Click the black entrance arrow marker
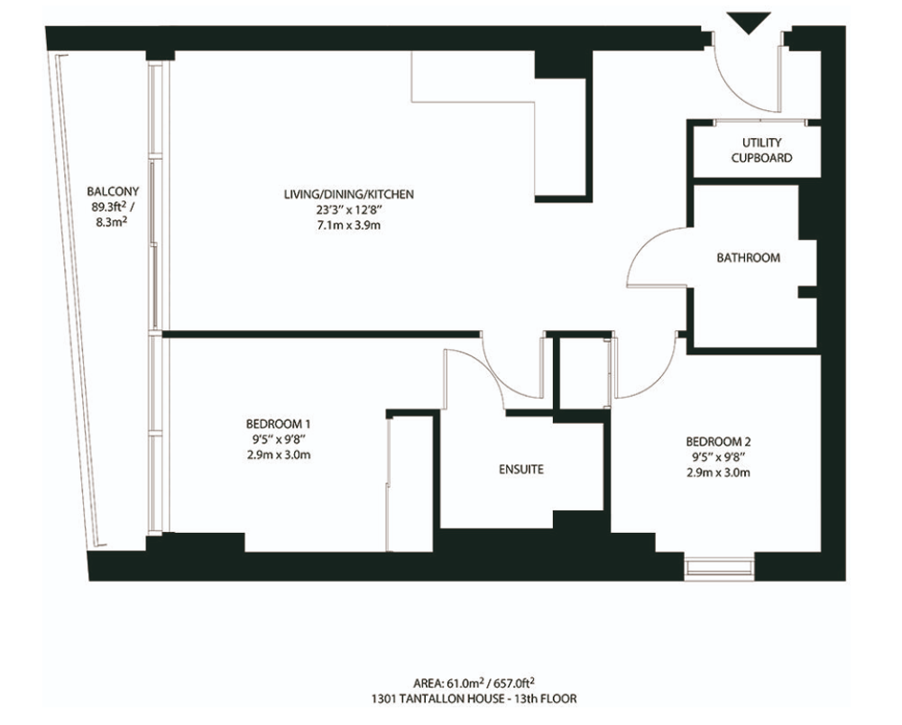click(x=748, y=23)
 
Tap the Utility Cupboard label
click(x=761, y=150)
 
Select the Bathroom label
click(x=748, y=258)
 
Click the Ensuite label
click(x=521, y=469)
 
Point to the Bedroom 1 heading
click(x=279, y=425)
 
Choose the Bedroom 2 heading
click(x=719, y=442)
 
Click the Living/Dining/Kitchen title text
click(x=348, y=195)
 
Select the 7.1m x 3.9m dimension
click(x=348, y=225)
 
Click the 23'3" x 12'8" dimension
click(x=348, y=210)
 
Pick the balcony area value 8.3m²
click(x=112, y=221)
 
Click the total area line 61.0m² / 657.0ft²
click(x=474, y=683)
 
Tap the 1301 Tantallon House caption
click(x=474, y=699)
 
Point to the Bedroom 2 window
click(x=719, y=567)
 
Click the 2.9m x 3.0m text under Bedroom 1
click(x=279, y=455)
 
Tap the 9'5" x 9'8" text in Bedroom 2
click(x=719, y=458)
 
